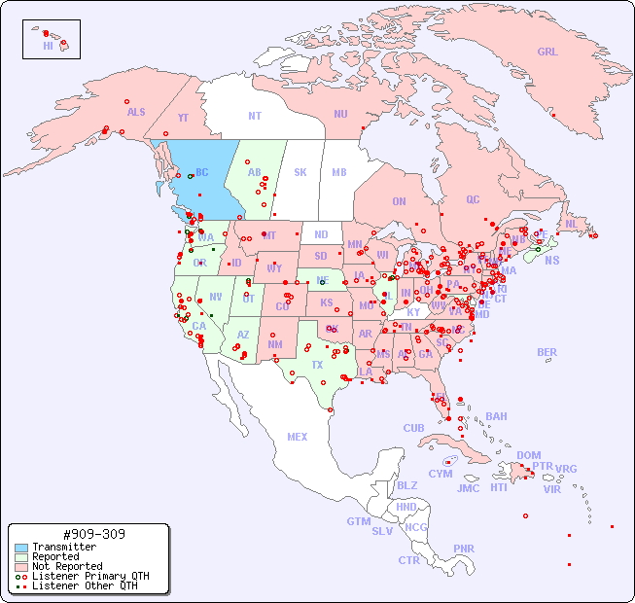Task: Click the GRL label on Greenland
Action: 547,53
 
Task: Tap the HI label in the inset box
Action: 48,46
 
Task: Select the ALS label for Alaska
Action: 136,112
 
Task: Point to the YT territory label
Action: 183,117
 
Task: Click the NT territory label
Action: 254,115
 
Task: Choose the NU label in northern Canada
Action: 340,114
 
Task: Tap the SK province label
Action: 300,172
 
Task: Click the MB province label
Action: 339,172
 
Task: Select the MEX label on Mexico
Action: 298,437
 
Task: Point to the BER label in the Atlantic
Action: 547,352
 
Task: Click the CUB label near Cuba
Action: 414,428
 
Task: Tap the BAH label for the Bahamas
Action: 496,416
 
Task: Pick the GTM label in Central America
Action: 358,521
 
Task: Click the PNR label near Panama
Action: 464,549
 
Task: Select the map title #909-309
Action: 92,534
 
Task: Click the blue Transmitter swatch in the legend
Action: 20,547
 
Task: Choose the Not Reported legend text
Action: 67,566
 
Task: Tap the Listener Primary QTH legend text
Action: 90,576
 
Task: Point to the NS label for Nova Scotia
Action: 551,260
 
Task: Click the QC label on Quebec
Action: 473,199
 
